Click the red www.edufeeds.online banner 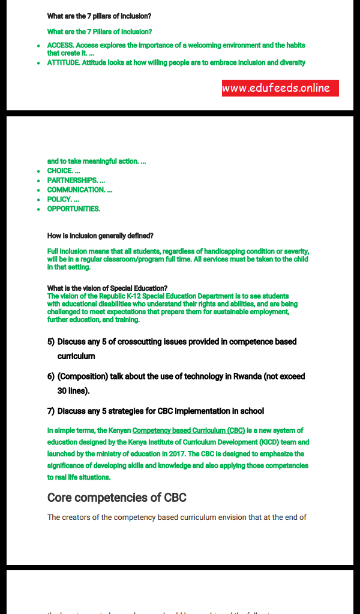pyautogui.click(x=280, y=88)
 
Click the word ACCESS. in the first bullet pyautogui.click(x=61, y=46)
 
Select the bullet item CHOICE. pyautogui.click(x=60, y=171)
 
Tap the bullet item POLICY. pyautogui.click(x=59, y=200)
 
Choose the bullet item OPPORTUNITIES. pyautogui.click(x=74, y=209)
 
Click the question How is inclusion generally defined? pyautogui.click(x=100, y=236)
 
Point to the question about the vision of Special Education pyautogui.click(x=107, y=288)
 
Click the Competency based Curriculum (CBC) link pyautogui.click(x=188, y=431)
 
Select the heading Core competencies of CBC pyautogui.click(x=117, y=498)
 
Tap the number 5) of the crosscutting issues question pyautogui.click(x=51, y=342)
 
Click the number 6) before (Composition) pyautogui.click(x=51, y=377)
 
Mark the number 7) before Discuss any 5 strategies pyautogui.click(x=51, y=411)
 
